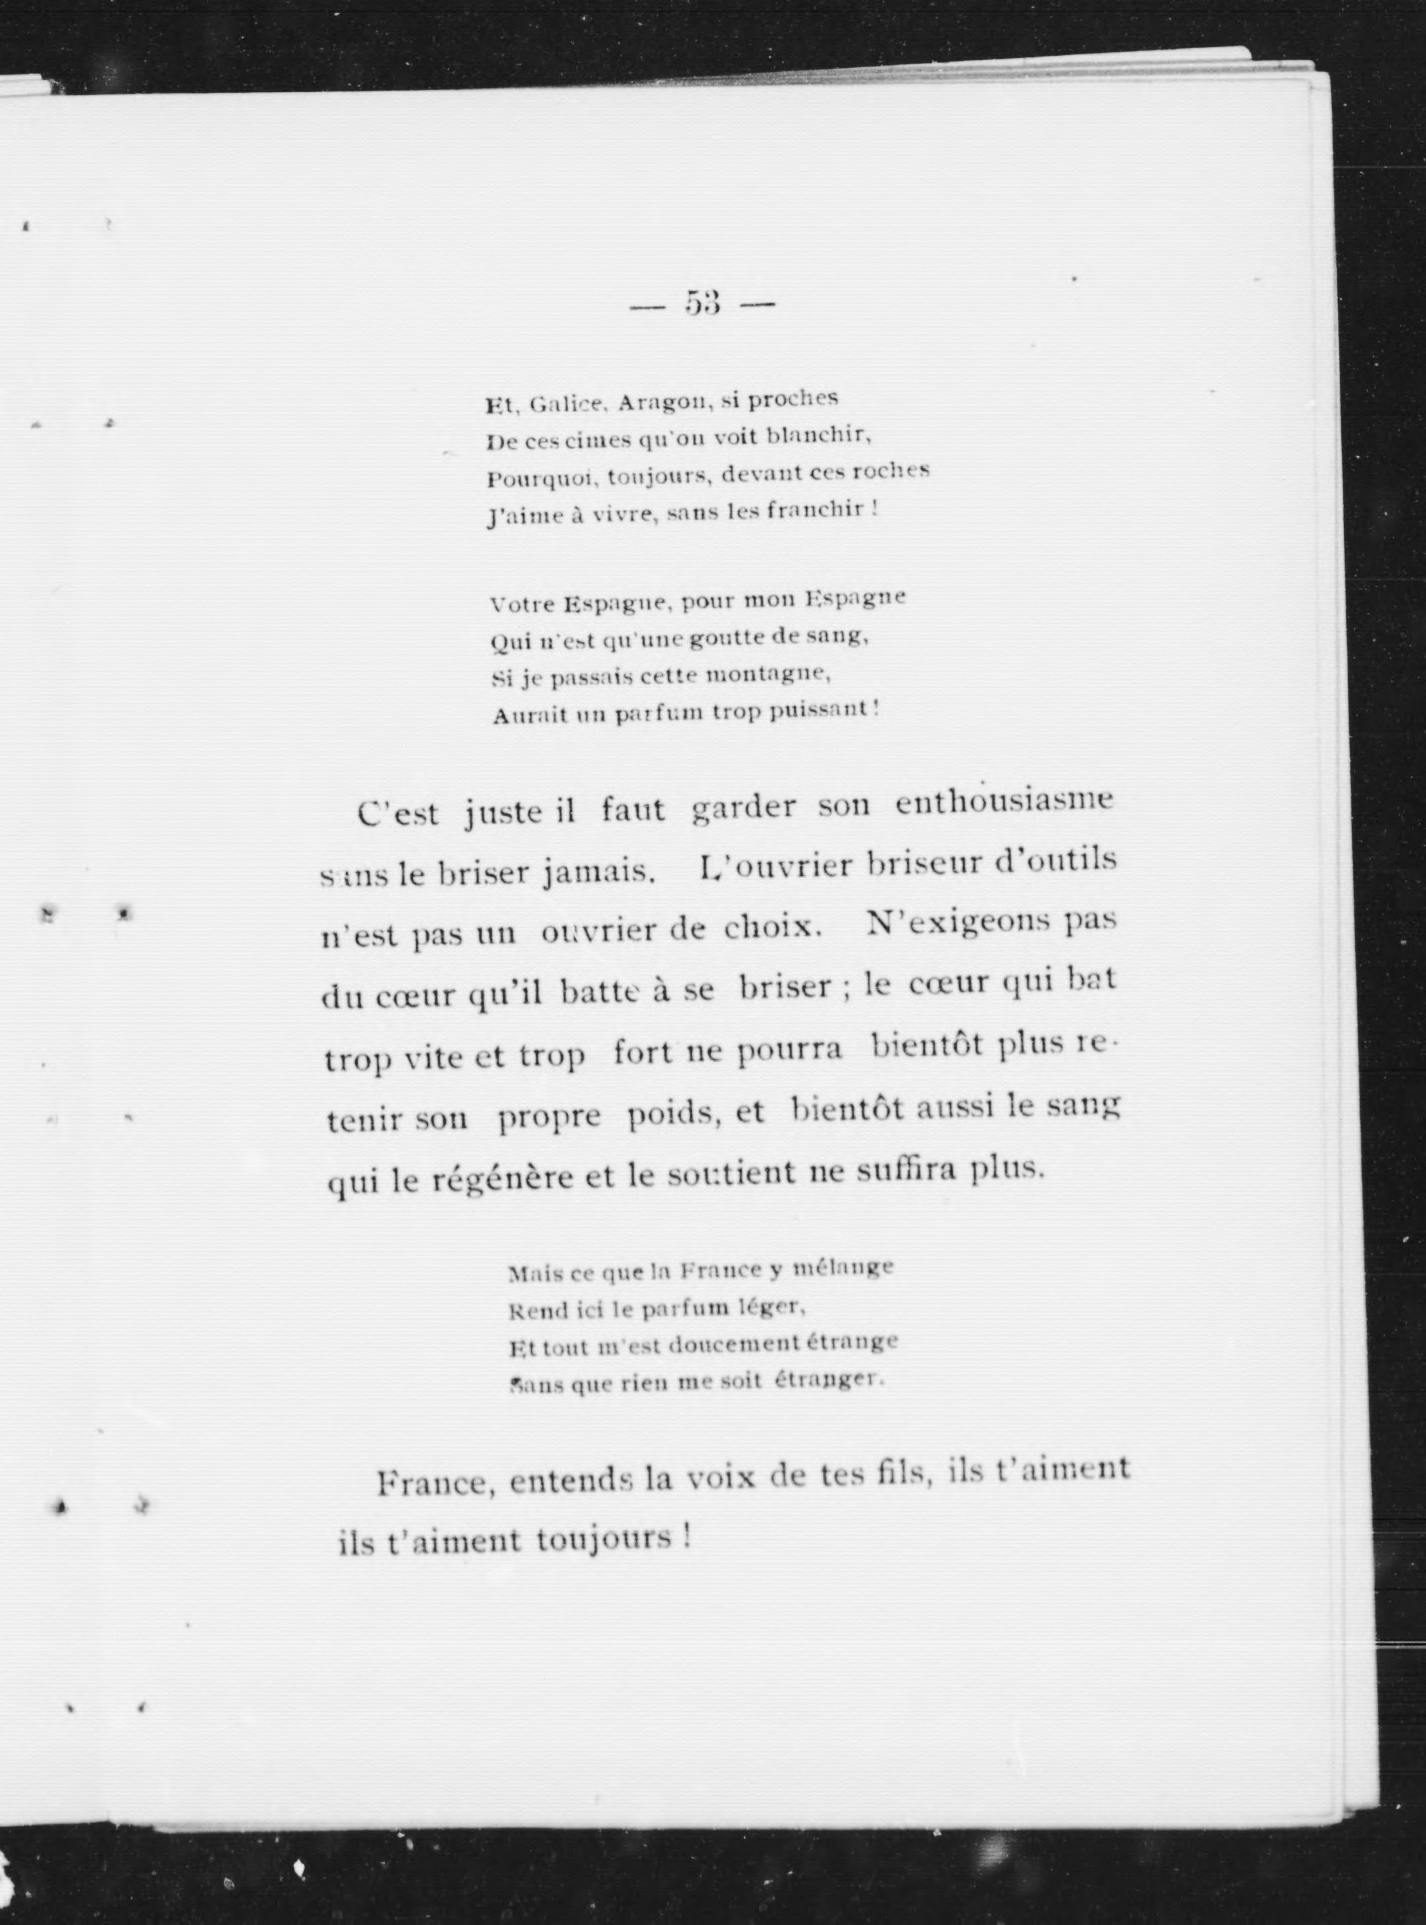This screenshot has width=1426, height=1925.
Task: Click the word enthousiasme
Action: [x=1005, y=802]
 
